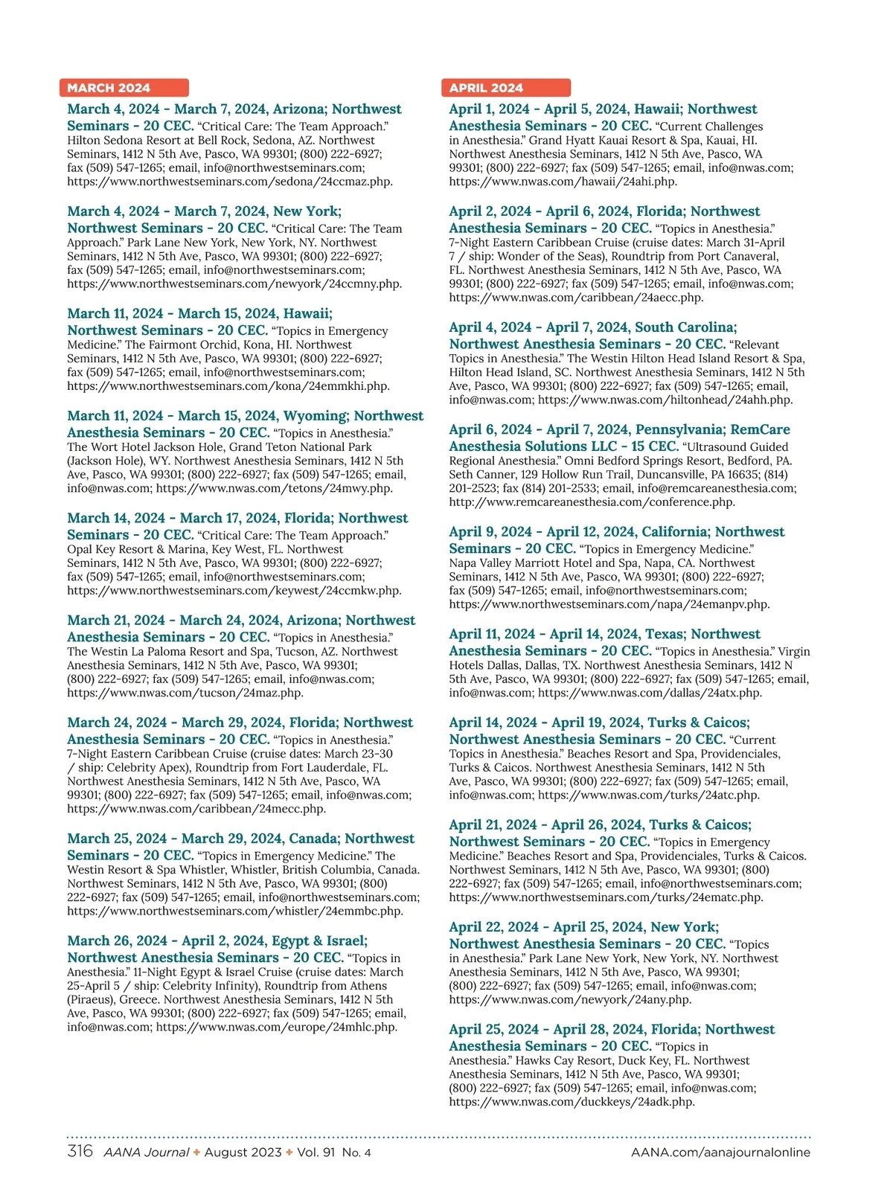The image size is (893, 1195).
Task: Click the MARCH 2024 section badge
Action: point(124,88)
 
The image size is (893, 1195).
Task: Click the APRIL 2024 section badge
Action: point(505,88)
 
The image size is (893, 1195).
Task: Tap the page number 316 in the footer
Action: point(80,1151)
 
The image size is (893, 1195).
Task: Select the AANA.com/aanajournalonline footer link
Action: point(720,1153)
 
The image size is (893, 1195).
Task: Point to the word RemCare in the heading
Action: point(760,429)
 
